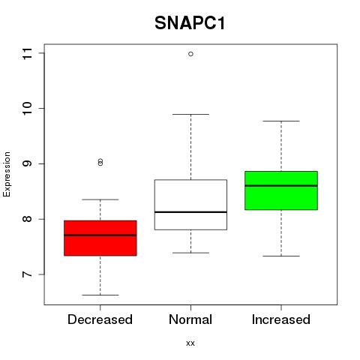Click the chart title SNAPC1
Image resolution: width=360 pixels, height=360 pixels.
pos(190,23)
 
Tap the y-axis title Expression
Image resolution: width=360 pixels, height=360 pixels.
pos(7,175)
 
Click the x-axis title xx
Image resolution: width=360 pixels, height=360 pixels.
pos(190,343)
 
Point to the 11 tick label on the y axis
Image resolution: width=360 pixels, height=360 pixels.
pos(27,53)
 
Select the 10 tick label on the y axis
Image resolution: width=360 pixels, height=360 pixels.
pos(27,109)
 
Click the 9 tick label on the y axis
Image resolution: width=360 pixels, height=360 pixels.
pos(27,163)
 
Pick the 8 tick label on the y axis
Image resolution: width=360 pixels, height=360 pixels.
pos(27,219)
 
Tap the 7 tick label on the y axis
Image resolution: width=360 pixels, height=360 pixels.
pos(27,274)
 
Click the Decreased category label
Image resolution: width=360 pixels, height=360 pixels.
pos(100,319)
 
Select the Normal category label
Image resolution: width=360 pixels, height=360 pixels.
pos(190,319)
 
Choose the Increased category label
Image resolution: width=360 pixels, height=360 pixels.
pos(281,319)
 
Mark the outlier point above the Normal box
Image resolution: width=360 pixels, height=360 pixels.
pos(190,54)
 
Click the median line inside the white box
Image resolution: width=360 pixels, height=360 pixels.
pos(190,212)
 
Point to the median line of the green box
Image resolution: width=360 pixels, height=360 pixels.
pos(281,186)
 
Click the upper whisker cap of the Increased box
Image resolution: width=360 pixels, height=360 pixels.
pos(281,121)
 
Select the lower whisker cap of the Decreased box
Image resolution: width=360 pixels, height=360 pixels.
pos(100,295)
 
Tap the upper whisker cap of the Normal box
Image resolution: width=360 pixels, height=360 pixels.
pos(190,114)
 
